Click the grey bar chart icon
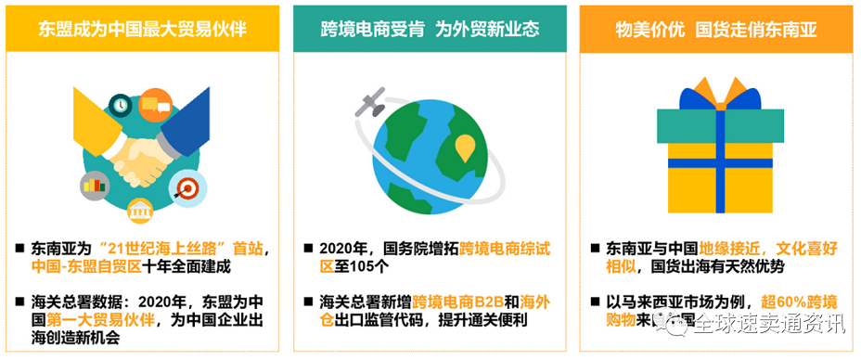[95, 184]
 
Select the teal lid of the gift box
[714, 123]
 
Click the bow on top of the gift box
[714, 93]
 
